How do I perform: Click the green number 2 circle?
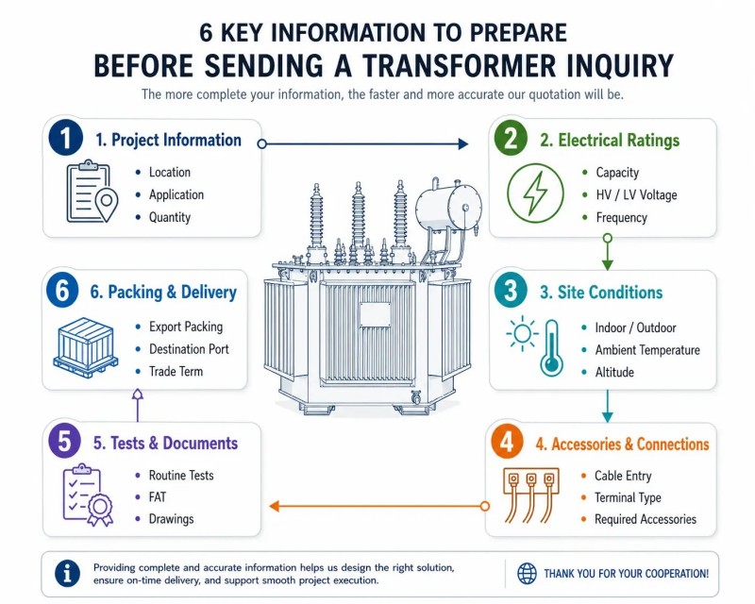point(511,139)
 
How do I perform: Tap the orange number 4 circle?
point(507,442)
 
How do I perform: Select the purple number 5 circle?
point(64,442)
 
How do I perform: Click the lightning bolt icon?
point(535,193)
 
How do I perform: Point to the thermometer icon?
point(552,347)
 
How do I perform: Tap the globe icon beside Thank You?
point(527,574)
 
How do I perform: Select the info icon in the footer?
point(67,573)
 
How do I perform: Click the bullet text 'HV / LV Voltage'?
point(636,195)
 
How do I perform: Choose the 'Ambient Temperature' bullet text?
point(647,350)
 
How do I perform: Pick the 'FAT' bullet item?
point(157,497)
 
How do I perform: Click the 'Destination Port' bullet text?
point(189,349)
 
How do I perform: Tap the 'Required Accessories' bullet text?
point(646,519)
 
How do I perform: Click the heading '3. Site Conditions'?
point(601,293)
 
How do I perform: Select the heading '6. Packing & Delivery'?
point(163,293)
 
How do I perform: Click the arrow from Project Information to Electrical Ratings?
point(363,143)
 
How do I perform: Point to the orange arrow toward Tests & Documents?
point(379,506)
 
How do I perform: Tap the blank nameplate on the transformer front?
point(375,315)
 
